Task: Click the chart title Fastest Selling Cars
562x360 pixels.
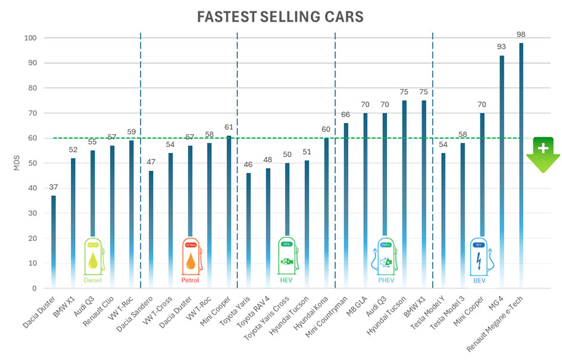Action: click(x=280, y=17)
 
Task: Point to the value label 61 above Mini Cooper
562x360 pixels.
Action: click(x=229, y=127)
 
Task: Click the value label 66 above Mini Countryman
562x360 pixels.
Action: click(x=346, y=114)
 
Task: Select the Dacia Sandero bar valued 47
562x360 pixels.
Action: click(x=151, y=226)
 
